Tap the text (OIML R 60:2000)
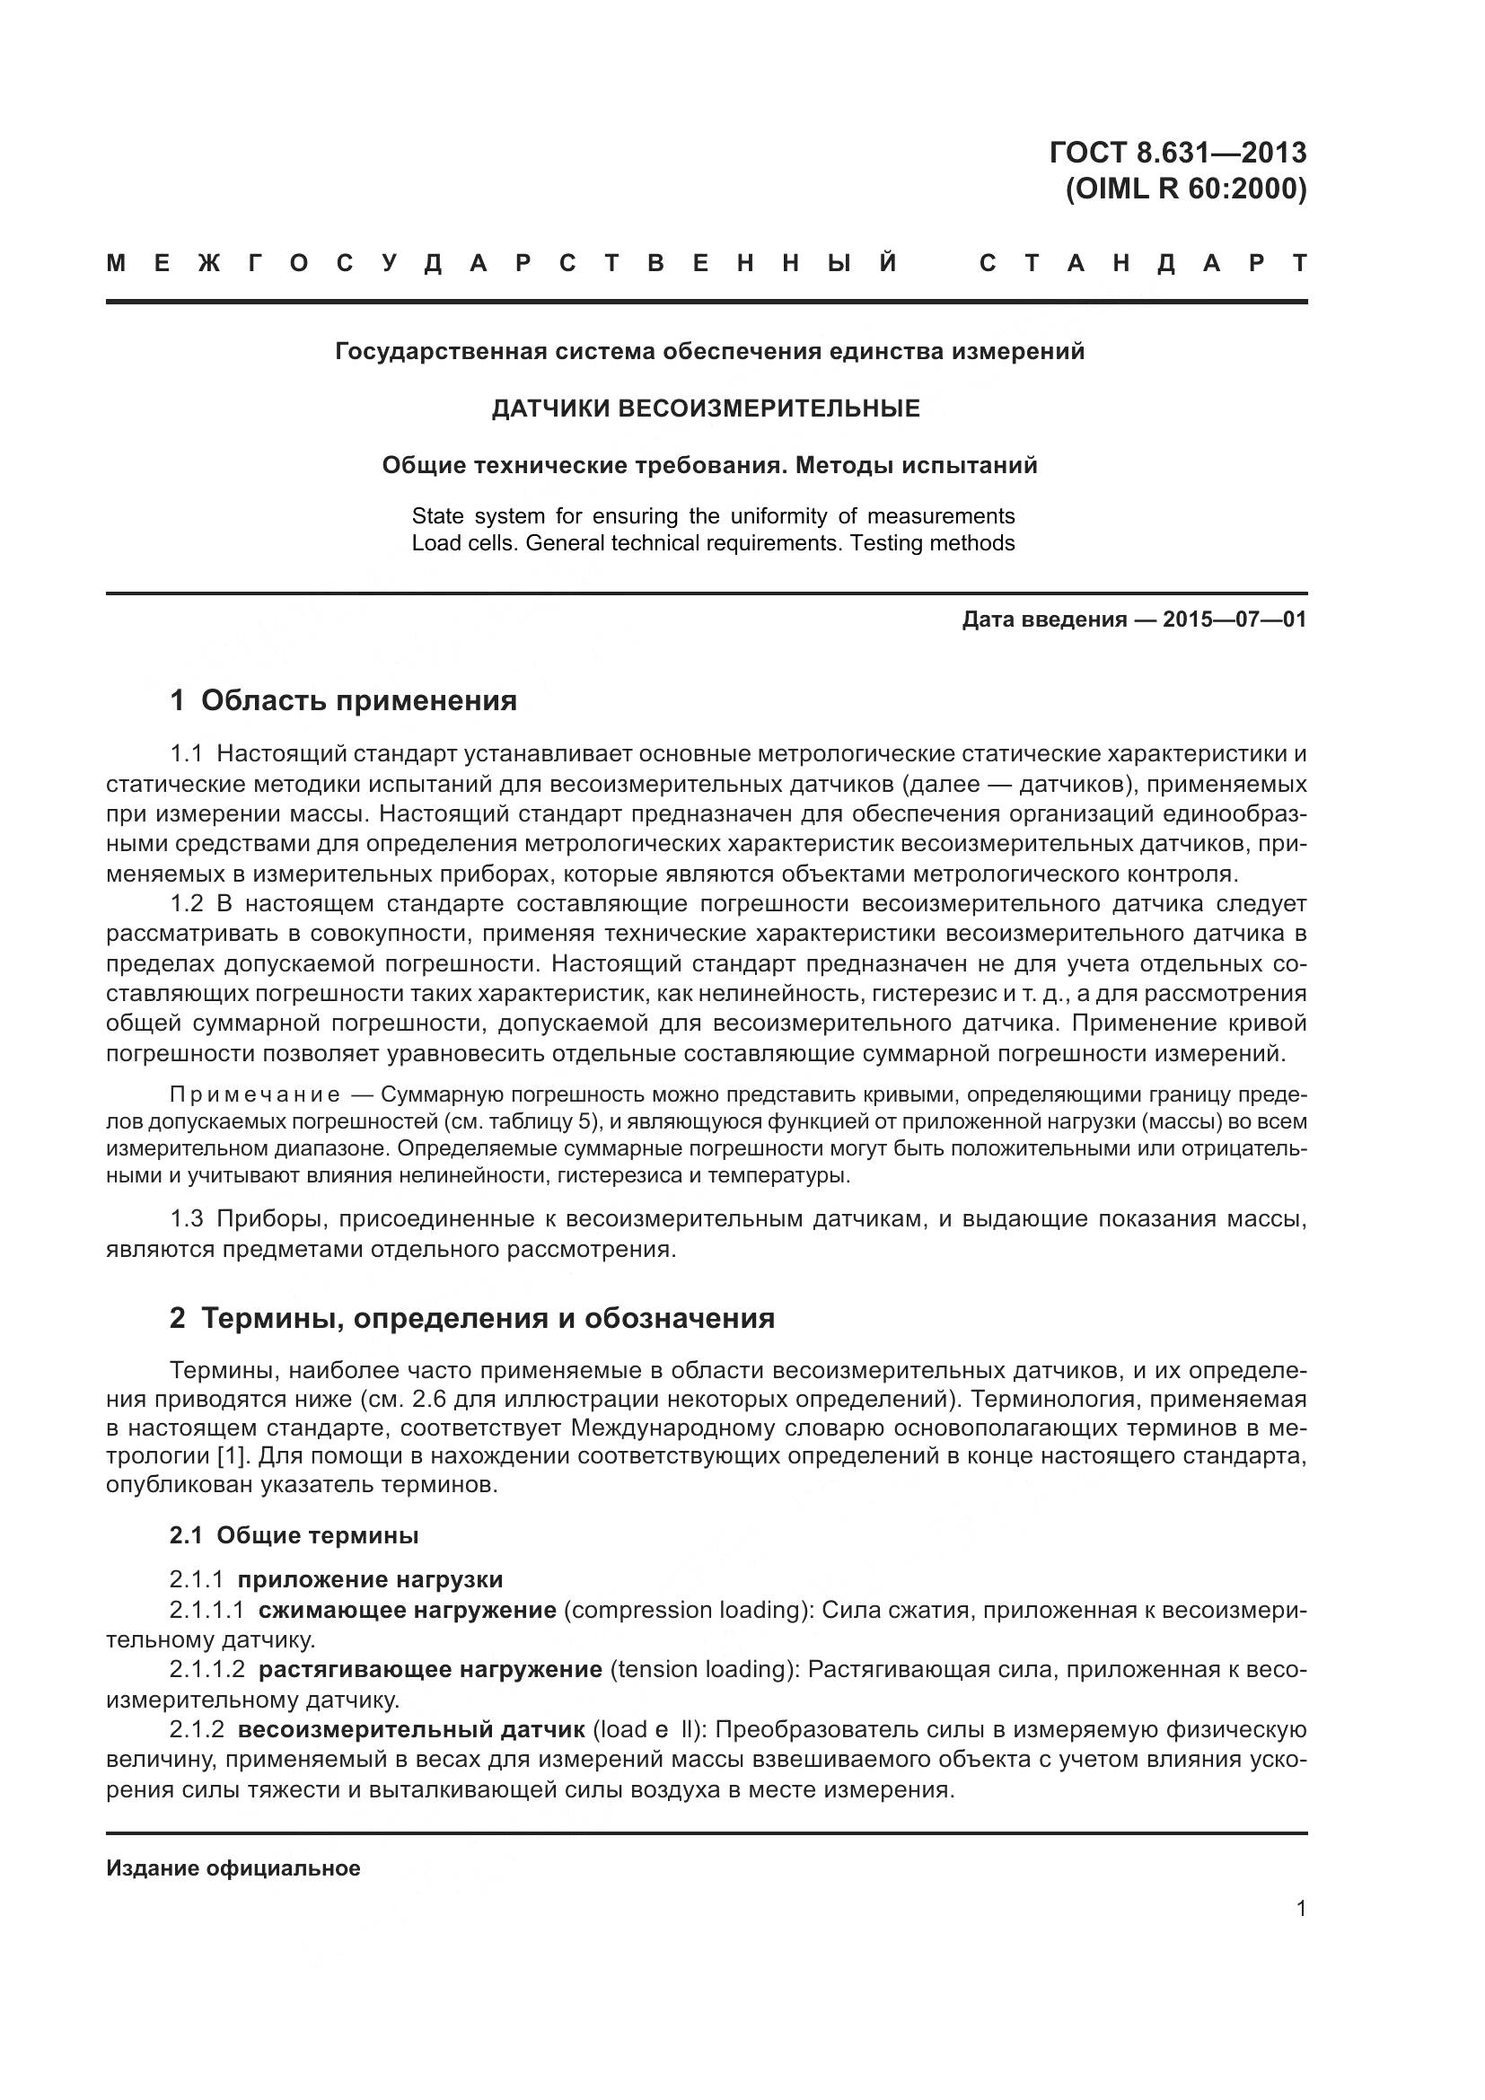click(x=1186, y=190)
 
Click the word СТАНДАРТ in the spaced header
click(x=1142, y=264)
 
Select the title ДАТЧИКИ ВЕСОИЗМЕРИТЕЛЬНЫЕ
click(x=705, y=409)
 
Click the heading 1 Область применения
click(x=343, y=700)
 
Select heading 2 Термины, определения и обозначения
click(x=472, y=1318)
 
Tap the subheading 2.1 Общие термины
click(x=294, y=1535)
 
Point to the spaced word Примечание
click(x=255, y=1094)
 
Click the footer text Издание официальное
click(x=233, y=1868)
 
